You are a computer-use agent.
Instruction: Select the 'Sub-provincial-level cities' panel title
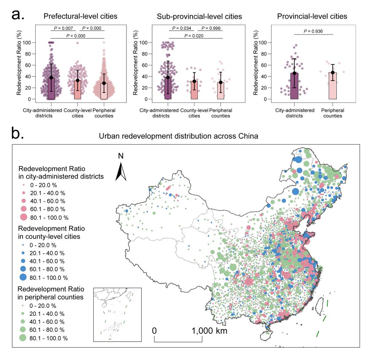point(199,16)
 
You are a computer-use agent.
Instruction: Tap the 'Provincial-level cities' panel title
point(312,16)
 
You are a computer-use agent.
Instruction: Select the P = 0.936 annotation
point(314,31)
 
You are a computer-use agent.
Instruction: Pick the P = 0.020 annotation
point(195,36)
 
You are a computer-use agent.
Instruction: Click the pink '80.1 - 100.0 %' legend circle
point(24,217)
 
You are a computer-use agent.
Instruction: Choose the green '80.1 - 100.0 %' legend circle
point(24,338)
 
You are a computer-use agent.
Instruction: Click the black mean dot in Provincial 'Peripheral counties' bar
point(333,73)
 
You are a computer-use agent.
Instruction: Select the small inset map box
point(117,315)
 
